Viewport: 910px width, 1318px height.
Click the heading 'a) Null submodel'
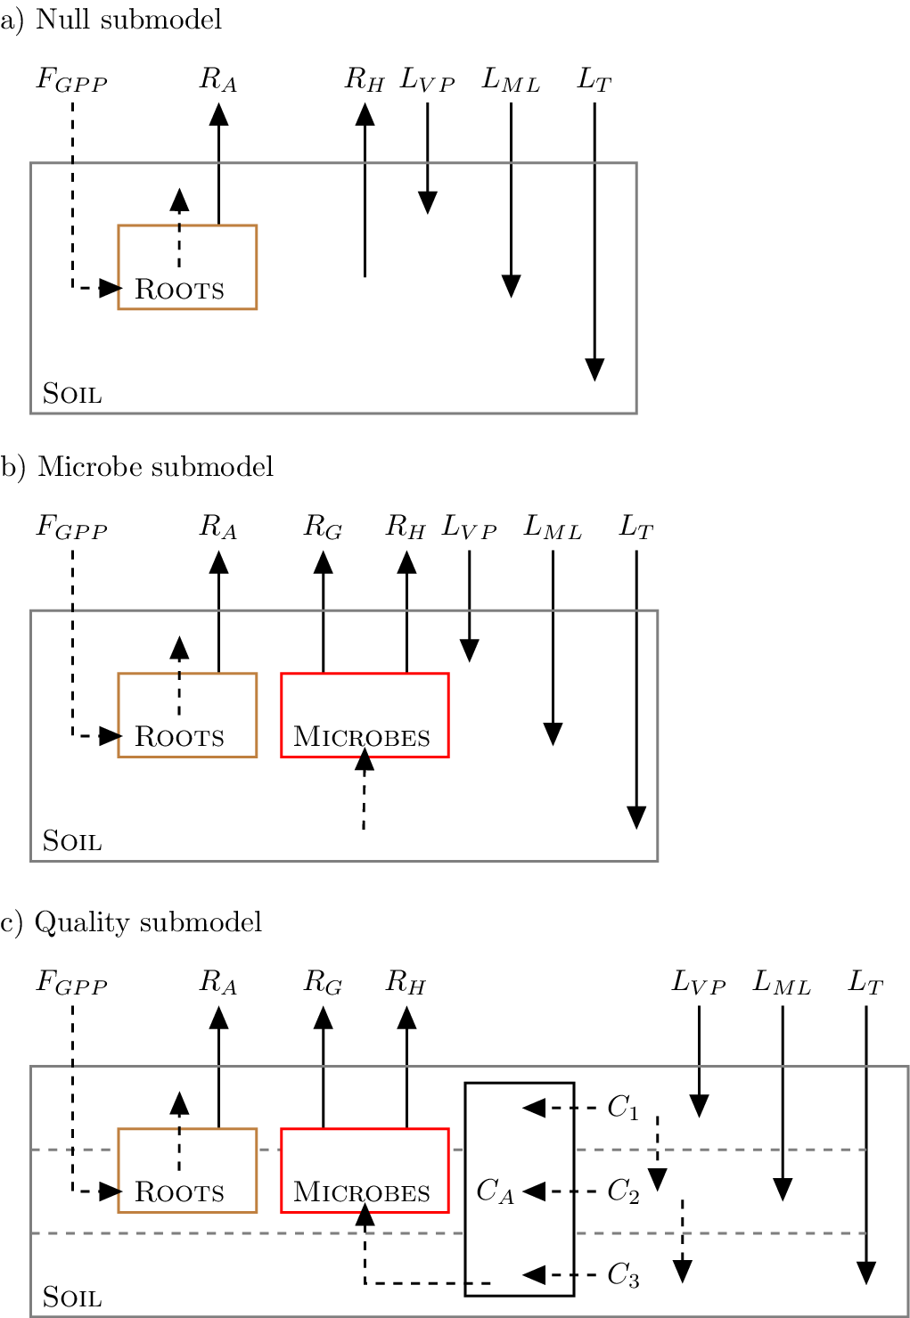(x=111, y=20)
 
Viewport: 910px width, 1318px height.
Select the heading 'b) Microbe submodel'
(x=137, y=467)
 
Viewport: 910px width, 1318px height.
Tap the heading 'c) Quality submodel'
(x=131, y=922)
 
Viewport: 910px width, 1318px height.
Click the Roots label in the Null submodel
(x=179, y=290)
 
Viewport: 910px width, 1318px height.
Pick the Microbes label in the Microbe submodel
(x=362, y=737)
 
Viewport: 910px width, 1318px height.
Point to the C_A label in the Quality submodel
(x=495, y=1191)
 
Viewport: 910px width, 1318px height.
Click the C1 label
(x=623, y=1108)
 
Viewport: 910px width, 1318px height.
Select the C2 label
(x=623, y=1191)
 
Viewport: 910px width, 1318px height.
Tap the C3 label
(x=623, y=1275)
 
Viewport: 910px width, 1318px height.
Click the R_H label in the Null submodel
(x=365, y=79)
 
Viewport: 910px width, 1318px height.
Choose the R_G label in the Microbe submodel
(x=323, y=527)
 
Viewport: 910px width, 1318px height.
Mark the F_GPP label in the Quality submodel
(x=72, y=983)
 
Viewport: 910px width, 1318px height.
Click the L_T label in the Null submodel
(x=594, y=79)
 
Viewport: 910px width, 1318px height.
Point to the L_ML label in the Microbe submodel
(x=553, y=527)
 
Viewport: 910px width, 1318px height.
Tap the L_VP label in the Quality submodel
(x=699, y=983)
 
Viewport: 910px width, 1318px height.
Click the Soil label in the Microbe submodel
(x=72, y=841)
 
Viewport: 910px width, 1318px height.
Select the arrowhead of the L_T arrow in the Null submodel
(x=594, y=370)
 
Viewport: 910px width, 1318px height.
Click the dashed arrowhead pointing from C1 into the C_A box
(x=534, y=1108)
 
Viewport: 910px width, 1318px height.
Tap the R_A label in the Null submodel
(x=218, y=79)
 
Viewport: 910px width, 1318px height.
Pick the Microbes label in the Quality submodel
(x=362, y=1192)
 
